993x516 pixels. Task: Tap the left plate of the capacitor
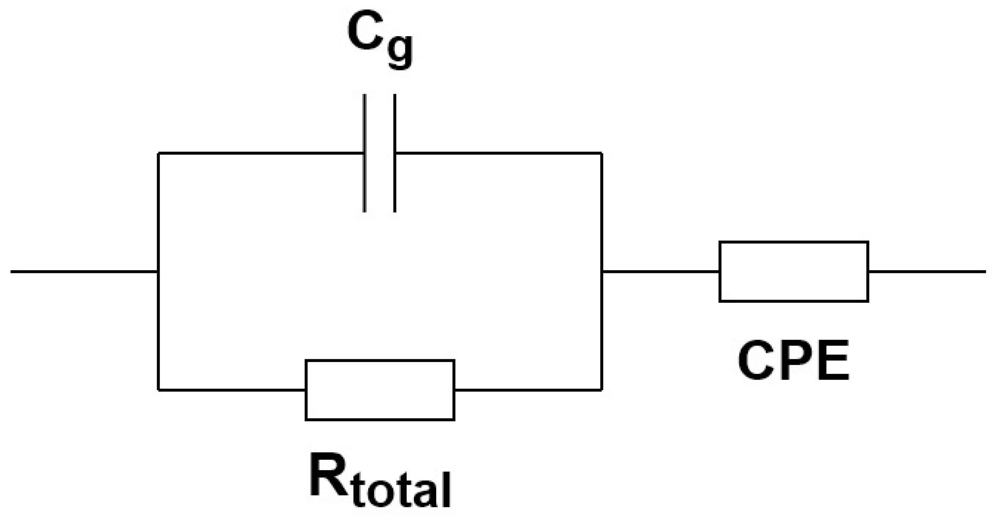click(x=365, y=153)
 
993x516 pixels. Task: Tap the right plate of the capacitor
click(x=395, y=153)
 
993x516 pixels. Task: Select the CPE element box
click(x=794, y=272)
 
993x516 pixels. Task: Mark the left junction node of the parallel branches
click(x=158, y=272)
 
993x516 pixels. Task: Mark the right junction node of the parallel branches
click(x=602, y=272)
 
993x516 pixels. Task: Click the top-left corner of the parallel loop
click(x=158, y=153)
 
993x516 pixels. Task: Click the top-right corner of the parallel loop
click(x=602, y=153)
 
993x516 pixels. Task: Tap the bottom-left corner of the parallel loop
click(x=158, y=390)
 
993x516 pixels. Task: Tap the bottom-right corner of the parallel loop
click(x=602, y=390)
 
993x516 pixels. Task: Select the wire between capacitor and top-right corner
click(x=497, y=153)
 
